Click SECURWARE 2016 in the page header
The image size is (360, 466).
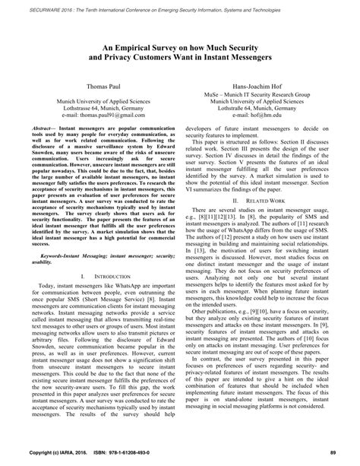50,5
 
